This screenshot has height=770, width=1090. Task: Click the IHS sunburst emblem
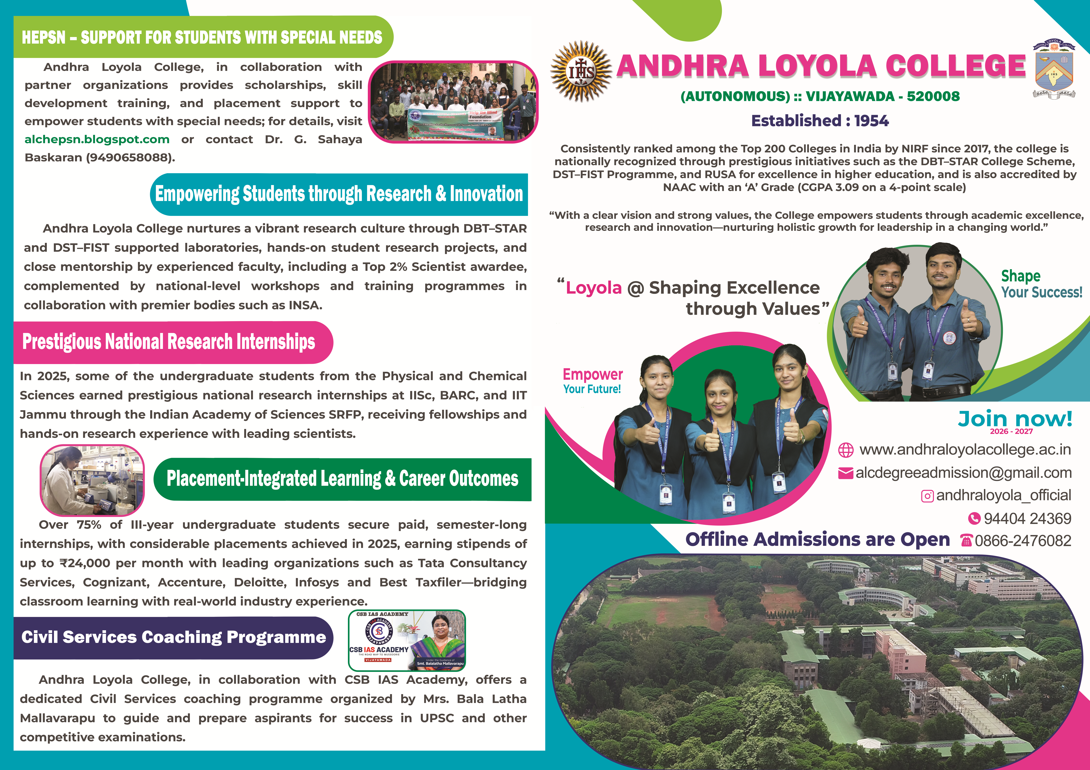click(581, 71)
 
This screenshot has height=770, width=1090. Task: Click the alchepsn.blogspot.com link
click(97, 139)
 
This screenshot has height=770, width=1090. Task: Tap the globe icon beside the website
click(845, 450)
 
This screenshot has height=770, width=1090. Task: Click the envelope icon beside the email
click(845, 473)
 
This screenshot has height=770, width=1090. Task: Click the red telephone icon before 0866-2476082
click(966, 540)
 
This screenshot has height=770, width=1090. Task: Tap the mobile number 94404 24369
click(1027, 519)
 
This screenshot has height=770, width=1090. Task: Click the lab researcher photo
click(92, 480)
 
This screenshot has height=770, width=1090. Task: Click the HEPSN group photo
click(453, 102)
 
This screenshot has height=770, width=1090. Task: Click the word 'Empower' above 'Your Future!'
click(592, 374)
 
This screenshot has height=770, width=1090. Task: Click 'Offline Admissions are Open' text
click(818, 539)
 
